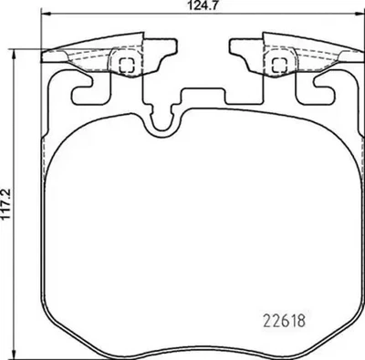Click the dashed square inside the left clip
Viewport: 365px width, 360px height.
(x=126, y=63)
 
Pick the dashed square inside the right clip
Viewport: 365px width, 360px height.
(x=276, y=63)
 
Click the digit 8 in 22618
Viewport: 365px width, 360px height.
(x=300, y=320)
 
